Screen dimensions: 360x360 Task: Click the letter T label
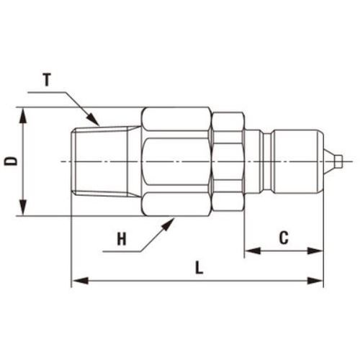(x=47, y=80)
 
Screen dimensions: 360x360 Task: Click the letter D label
(x=11, y=161)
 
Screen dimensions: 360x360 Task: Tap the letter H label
(x=122, y=239)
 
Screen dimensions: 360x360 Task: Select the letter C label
(x=284, y=238)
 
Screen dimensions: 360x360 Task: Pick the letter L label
(x=199, y=268)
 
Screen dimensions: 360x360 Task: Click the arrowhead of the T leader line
(x=94, y=120)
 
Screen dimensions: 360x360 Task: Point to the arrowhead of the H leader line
(x=168, y=224)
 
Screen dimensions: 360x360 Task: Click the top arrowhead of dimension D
(x=23, y=116)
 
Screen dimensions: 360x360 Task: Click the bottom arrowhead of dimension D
(x=23, y=207)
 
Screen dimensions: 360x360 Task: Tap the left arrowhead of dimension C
(x=253, y=251)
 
